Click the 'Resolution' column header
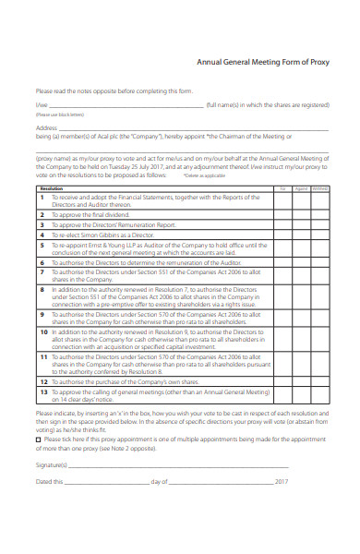52,187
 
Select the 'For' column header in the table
283,187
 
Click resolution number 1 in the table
42,197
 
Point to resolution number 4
42,235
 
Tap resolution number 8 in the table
42,289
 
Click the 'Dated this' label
51,482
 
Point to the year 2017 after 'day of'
282,482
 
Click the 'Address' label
47,127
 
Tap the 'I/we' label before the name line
41,106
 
